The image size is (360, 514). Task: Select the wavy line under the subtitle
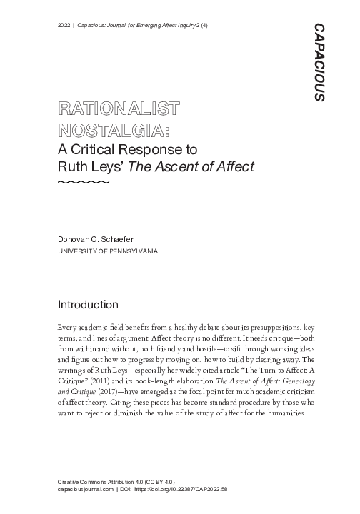[x=83, y=183]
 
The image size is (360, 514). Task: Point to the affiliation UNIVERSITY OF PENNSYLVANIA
[x=107, y=252]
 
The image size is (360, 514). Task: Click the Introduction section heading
[x=88, y=305]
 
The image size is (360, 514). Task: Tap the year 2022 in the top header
[x=64, y=26]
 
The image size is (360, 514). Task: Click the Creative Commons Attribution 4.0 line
[x=116, y=483]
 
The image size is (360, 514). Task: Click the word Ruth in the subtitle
[x=74, y=166]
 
